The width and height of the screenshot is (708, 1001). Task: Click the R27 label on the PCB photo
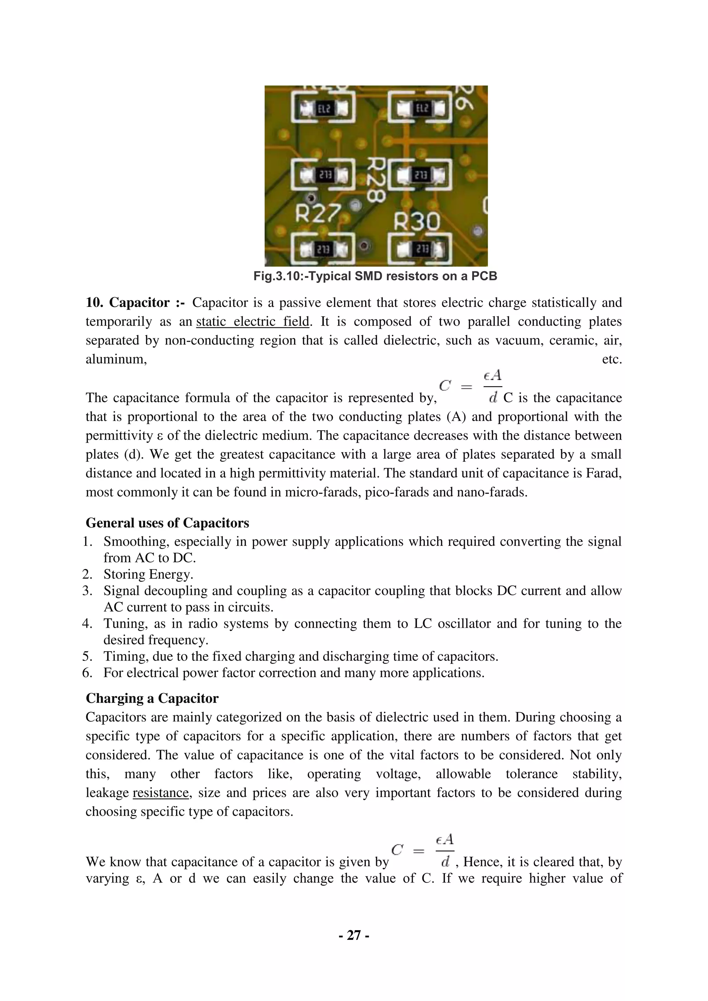[x=317, y=214]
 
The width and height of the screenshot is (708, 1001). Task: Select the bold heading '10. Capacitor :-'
[x=135, y=302]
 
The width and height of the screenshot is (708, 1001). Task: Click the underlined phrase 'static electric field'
[x=252, y=322]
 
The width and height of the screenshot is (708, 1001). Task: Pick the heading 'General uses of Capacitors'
[x=167, y=523]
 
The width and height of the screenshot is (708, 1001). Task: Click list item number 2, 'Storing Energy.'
[x=148, y=574]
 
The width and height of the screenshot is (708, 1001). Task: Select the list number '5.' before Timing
[x=87, y=656]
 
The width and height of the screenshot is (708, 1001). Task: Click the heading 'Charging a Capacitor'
[x=152, y=699]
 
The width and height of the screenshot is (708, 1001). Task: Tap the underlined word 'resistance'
[x=161, y=793]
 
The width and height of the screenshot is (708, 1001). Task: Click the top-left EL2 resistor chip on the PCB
[x=323, y=108]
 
